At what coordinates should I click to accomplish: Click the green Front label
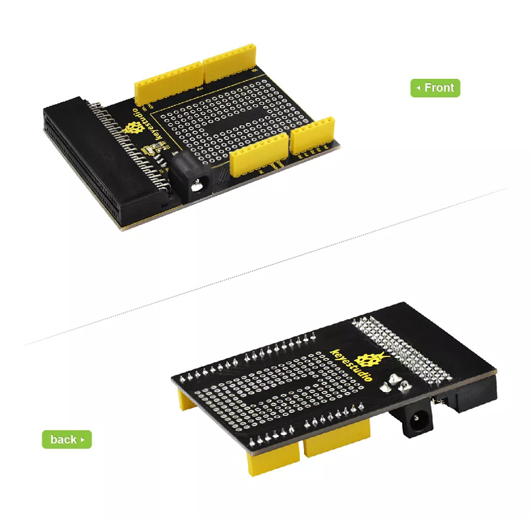click(x=435, y=88)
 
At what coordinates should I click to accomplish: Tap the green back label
click(x=67, y=440)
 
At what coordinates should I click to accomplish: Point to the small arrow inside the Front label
click(x=419, y=88)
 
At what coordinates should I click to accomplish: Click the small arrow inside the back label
click(x=82, y=440)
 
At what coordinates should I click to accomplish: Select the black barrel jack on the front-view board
click(x=190, y=177)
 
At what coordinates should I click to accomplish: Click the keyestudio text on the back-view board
click(x=350, y=365)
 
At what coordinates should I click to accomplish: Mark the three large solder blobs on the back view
click(x=394, y=383)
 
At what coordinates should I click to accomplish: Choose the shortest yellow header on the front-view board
click(x=313, y=135)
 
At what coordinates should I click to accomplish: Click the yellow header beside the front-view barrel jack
click(x=260, y=155)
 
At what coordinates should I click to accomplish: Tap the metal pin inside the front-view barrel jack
click(x=196, y=186)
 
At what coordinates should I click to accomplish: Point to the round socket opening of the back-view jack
click(x=416, y=420)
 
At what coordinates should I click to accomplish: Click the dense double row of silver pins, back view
click(x=402, y=349)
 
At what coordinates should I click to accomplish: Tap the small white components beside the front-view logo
click(x=153, y=149)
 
